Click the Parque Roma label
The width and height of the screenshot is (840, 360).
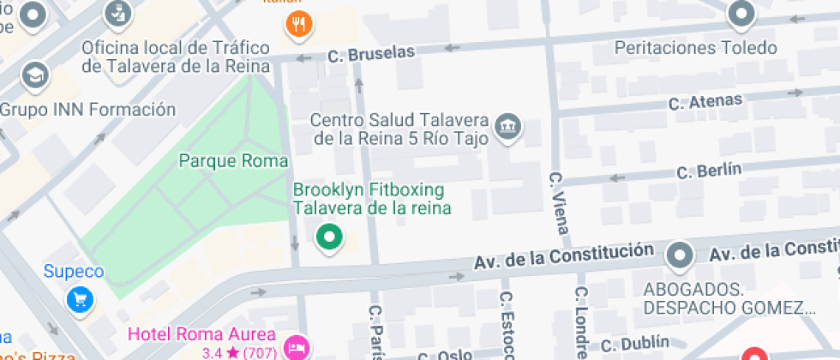[x=233, y=160]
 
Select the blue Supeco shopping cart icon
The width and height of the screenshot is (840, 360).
[x=80, y=298]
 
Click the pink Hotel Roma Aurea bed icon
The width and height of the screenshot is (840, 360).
[x=297, y=347]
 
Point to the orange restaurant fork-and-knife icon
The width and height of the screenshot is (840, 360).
[x=298, y=25]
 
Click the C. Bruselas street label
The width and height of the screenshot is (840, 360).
[x=371, y=54]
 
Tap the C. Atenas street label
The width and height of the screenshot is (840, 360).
[x=705, y=102]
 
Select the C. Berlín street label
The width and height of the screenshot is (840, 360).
[x=708, y=170]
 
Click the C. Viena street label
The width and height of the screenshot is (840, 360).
[x=558, y=203]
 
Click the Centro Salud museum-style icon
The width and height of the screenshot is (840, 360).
[x=510, y=126]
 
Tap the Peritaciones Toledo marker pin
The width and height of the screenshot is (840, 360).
[x=740, y=15]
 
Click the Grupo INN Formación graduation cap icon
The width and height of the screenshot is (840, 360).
[x=35, y=76]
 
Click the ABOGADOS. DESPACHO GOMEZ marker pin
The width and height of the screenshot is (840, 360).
[x=680, y=255]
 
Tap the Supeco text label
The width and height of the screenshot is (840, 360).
[x=74, y=272]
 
